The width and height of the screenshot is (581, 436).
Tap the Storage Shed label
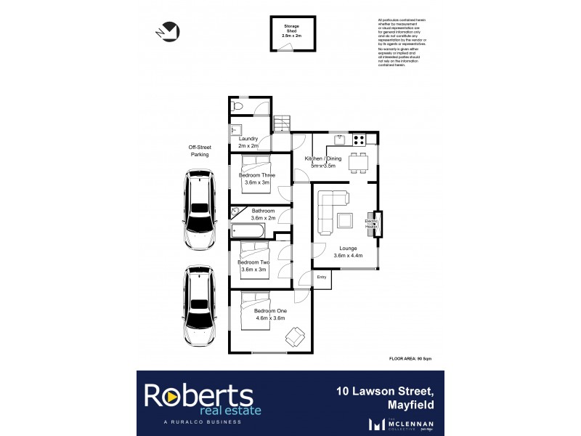click(x=290, y=30)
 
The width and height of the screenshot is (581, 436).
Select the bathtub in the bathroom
click(x=249, y=232)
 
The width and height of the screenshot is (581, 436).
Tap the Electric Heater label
click(x=371, y=224)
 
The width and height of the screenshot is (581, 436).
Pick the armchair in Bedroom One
click(x=295, y=336)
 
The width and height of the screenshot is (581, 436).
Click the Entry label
click(x=322, y=277)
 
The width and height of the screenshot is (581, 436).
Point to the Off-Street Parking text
click(x=199, y=151)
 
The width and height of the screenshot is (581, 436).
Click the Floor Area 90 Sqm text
click(x=415, y=359)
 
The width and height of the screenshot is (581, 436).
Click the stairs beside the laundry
click(x=282, y=124)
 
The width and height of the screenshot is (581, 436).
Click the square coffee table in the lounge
click(x=346, y=221)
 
